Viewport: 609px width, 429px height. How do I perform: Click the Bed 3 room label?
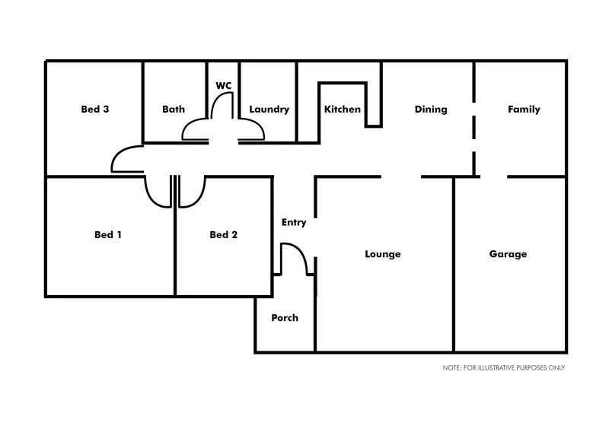95,110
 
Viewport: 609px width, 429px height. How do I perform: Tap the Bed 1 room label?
108,235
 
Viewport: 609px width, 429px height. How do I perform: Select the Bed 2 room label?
224,235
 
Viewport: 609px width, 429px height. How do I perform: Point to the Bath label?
174,110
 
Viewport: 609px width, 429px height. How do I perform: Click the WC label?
224,86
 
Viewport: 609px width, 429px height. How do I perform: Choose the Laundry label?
269,110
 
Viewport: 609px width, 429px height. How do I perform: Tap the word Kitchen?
343,110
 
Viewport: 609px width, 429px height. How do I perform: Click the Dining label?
431,110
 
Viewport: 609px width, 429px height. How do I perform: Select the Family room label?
524,110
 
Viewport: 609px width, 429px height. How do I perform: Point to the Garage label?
508,254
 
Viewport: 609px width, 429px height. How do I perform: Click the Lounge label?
383,254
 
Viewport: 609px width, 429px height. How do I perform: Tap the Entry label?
294,223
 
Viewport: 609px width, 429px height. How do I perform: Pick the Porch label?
285,318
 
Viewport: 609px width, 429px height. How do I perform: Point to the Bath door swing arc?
193,128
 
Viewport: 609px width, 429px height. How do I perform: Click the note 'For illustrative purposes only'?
503,367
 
